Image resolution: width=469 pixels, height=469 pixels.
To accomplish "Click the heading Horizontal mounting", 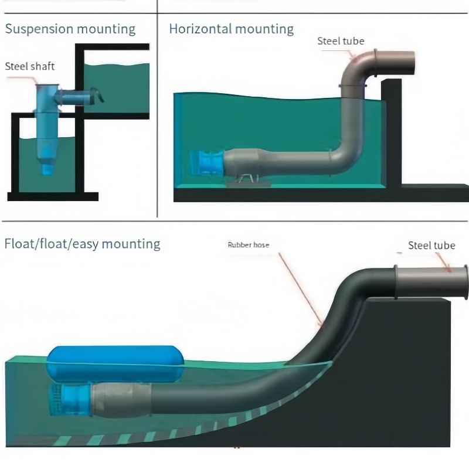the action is [x=231, y=29].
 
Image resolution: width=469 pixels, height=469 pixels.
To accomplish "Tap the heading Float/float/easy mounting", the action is [x=83, y=244].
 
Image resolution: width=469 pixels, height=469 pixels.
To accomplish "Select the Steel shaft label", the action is [x=30, y=66].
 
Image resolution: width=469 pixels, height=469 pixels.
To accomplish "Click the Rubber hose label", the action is [x=248, y=245].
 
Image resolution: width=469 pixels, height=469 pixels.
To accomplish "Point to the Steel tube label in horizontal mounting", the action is [x=341, y=41].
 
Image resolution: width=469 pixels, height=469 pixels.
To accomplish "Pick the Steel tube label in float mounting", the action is [x=431, y=246].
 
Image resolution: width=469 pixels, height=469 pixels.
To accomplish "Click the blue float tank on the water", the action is [x=115, y=363].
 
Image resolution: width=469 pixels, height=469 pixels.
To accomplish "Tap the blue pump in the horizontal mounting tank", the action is [x=207, y=162].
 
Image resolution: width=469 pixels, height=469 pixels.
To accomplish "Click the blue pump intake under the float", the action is [x=70, y=400].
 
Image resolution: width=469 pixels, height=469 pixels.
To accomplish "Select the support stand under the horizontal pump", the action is [x=248, y=181].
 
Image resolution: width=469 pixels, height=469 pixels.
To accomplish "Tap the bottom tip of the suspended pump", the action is [x=47, y=174].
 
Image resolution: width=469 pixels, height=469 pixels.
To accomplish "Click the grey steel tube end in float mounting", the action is [x=431, y=282].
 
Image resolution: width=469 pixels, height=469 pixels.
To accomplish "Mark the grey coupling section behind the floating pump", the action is [x=121, y=400].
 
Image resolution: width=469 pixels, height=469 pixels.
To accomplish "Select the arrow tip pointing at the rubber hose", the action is [x=322, y=327].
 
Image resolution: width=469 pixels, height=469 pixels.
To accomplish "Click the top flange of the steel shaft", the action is [x=47, y=86].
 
